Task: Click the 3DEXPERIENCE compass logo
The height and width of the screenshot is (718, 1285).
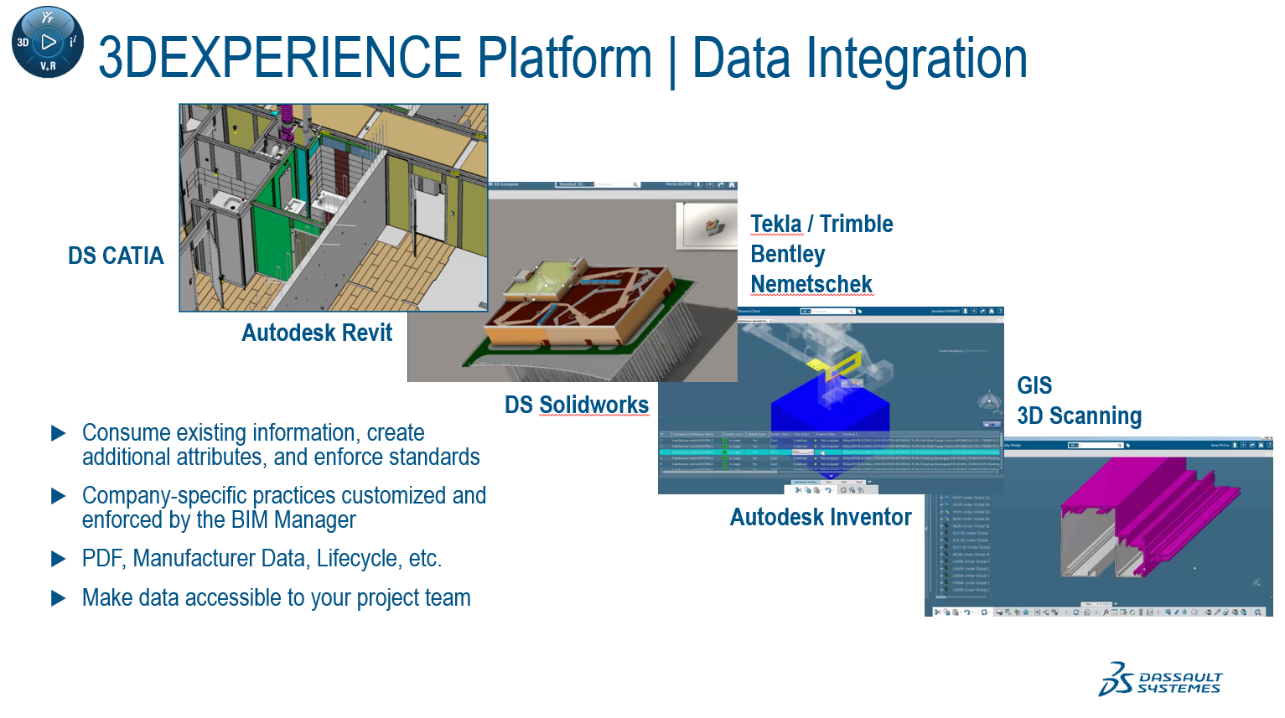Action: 48,43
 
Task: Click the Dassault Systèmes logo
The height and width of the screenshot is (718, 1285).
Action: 1161,680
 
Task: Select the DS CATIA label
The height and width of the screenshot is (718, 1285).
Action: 116,256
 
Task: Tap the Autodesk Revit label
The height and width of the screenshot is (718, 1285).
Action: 317,333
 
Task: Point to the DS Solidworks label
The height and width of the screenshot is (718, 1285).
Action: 577,405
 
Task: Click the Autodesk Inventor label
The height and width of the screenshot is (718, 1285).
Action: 821,518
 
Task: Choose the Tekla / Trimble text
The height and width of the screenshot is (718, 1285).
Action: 821,225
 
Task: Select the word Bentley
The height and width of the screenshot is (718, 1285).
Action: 787,255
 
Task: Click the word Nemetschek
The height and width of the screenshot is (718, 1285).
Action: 811,285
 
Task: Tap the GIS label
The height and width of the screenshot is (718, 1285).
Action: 1034,386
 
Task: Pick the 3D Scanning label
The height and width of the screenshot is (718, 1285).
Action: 1079,416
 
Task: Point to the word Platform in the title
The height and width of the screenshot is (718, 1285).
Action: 564,59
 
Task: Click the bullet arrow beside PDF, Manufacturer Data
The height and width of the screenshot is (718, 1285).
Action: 59,559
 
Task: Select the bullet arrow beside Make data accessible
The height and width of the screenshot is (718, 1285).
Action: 59,598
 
